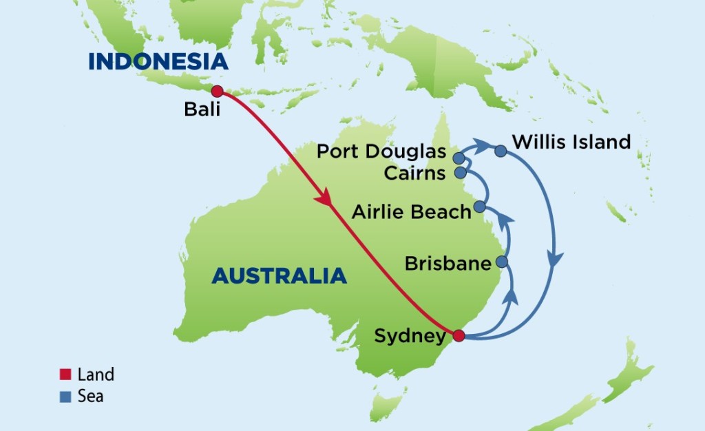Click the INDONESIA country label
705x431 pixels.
point(158,61)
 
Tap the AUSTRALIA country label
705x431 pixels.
point(279,275)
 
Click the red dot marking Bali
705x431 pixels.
point(217,92)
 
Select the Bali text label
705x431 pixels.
point(202,109)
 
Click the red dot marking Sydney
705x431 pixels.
point(459,335)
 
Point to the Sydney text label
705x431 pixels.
point(410,337)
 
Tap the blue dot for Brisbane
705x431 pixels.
point(502,262)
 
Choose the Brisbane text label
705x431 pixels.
point(448,263)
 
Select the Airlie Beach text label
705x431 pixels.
point(411,211)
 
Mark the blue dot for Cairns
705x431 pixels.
point(459,172)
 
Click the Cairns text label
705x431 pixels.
point(414,173)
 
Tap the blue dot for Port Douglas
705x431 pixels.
point(459,158)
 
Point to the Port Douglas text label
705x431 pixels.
point(381,151)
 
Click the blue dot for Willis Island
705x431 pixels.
point(501,151)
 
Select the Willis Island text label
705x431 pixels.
point(571,143)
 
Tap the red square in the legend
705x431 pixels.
point(65,375)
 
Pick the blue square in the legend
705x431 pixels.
point(65,396)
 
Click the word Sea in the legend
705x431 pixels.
point(91,396)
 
